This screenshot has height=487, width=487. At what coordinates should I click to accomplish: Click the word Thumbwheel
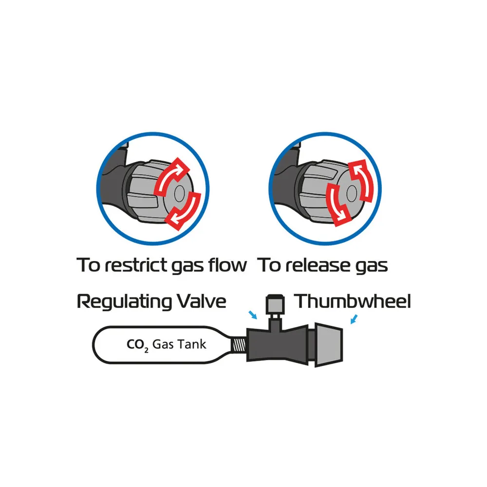pyautogui.click(x=352, y=301)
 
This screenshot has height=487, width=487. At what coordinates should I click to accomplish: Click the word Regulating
pyautogui.click(x=124, y=302)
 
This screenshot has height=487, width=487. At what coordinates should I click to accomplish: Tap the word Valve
pyautogui.click(x=201, y=301)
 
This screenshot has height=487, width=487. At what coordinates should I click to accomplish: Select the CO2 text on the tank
pyautogui.click(x=138, y=345)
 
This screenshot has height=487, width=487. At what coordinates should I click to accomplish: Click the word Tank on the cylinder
pyautogui.click(x=191, y=344)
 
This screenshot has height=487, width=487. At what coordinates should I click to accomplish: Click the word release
pyautogui.click(x=316, y=265)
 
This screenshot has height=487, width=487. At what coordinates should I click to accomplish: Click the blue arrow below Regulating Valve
pyautogui.click(x=253, y=315)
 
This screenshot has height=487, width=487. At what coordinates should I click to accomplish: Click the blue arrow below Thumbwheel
pyautogui.click(x=354, y=319)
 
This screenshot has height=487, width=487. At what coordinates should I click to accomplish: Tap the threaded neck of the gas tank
pyautogui.click(x=239, y=345)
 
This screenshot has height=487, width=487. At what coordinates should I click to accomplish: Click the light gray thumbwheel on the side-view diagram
pyautogui.click(x=329, y=345)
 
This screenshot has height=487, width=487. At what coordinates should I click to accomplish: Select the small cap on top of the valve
pyautogui.click(x=275, y=304)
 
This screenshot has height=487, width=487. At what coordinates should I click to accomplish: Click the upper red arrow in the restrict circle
pyautogui.click(x=171, y=177)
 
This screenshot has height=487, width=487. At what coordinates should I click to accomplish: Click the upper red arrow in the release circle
pyautogui.click(x=362, y=180)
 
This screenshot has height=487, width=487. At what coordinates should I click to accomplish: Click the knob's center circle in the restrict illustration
pyautogui.click(x=180, y=193)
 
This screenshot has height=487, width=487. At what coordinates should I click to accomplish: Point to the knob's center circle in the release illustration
pyautogui.click(x=352, y=193)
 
